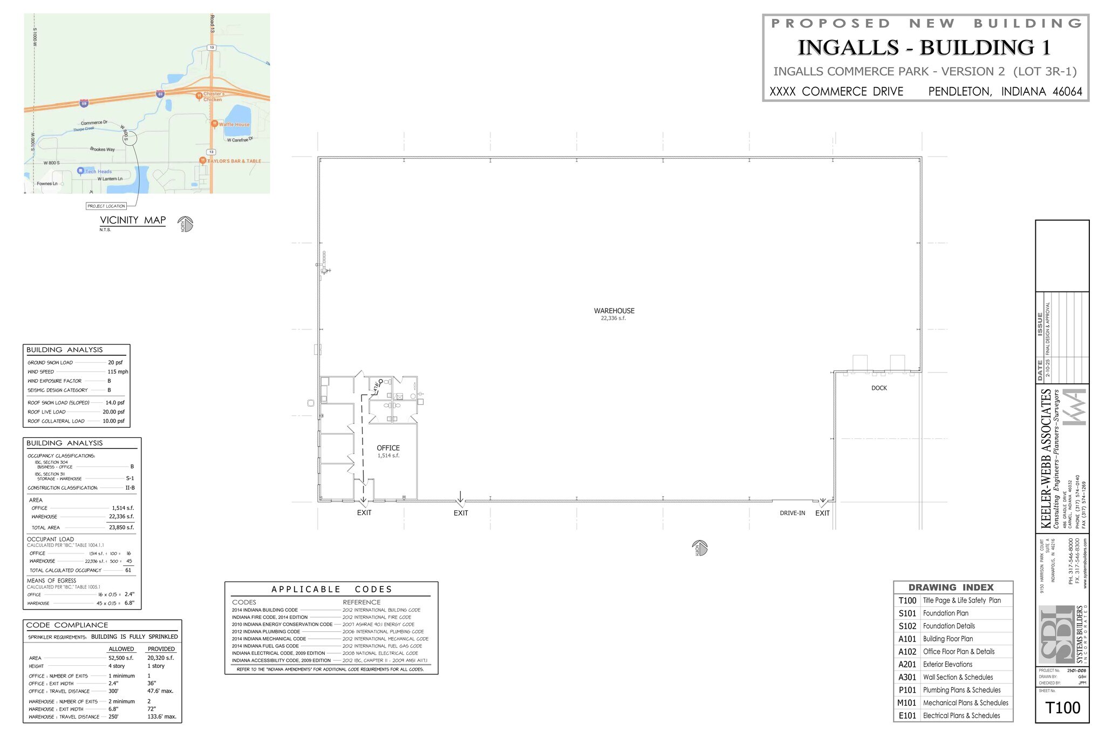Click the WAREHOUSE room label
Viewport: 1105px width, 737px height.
(x=614, y=311)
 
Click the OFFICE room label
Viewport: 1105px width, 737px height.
(x=388, y=448)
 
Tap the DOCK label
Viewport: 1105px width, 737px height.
(x=879, y=388)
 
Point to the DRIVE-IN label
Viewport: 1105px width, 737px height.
(x=792, y=513)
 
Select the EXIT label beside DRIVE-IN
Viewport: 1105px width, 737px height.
(x=822, y=513)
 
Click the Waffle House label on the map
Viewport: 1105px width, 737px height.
(x=234, y=124)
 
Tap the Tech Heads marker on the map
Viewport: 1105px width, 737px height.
(x=81, y=171)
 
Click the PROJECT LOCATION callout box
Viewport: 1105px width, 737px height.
(x=106, y=206)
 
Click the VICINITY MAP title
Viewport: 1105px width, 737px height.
(x=133, y=220)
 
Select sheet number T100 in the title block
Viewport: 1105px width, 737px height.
(x=1062, y=708)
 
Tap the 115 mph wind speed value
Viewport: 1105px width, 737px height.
(x=118, y=372)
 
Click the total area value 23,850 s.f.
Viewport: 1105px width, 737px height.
(x=121, y=528)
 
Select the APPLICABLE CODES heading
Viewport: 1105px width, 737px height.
(x=331, y=590)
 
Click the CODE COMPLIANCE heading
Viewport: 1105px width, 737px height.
(x=67, y=625)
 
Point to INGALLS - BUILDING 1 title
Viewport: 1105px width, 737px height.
(x=924, y=48)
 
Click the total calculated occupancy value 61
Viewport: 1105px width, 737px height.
(x=128, y=570)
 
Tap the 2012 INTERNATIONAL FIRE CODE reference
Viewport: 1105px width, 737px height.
(x=377, y=617)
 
